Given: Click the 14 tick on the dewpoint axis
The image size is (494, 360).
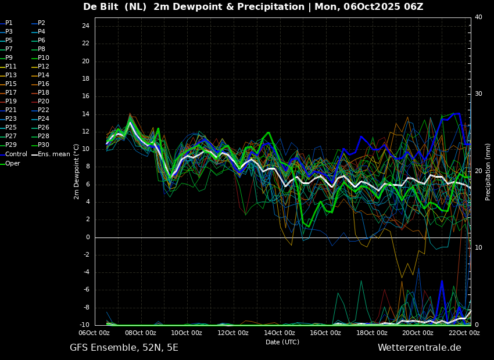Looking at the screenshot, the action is click(85, 114).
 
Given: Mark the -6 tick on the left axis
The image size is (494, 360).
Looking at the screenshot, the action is click(86, 290).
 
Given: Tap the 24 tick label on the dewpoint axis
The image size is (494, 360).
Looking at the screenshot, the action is click(85, 26).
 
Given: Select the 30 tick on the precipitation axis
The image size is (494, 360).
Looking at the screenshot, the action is click(478, 94).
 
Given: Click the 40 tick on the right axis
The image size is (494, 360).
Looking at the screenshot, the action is click(478, 17).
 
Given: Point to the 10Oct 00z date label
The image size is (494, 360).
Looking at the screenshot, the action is click(187, 333).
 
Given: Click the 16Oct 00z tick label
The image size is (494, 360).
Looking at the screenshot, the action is click(325, 333).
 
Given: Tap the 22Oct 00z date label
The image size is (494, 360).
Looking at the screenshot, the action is click(464, 333).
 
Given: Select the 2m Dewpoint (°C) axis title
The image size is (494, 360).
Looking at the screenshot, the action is click(76, 172).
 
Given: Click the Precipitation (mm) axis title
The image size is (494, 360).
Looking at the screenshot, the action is click(488, 171).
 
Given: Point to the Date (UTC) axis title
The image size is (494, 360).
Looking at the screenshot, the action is click(282, 342).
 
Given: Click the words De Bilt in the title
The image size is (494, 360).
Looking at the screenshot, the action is click(102, 6).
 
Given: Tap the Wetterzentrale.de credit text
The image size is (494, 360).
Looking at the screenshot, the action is click(420, 348).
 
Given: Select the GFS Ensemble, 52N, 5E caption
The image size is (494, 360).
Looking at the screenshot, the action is click(124, 348).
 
